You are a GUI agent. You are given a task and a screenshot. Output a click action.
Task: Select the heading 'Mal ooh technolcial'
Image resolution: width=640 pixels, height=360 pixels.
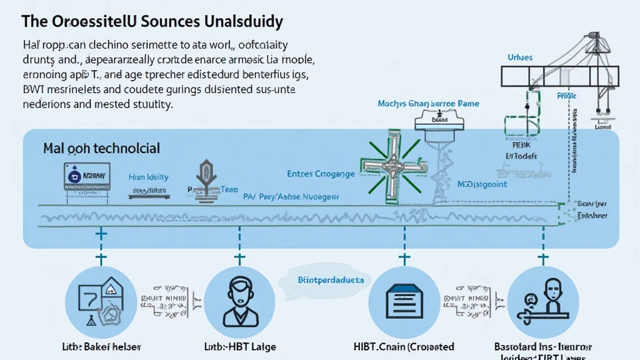101,149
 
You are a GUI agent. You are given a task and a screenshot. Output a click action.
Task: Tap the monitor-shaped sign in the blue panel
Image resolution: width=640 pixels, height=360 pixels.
87,177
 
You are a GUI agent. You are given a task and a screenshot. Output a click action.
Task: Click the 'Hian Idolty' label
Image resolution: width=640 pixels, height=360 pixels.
148,177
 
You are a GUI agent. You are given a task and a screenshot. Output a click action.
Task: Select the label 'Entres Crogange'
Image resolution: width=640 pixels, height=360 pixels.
321,173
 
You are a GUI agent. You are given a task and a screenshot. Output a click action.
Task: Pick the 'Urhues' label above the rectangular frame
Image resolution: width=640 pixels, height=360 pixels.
519,57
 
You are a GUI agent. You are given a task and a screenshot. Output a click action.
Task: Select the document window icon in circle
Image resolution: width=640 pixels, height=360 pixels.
400,303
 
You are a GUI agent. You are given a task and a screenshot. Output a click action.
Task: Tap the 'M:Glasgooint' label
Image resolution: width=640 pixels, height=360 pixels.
482,184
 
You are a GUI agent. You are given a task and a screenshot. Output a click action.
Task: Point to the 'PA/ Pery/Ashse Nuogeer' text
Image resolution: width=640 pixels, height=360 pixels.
291,196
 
